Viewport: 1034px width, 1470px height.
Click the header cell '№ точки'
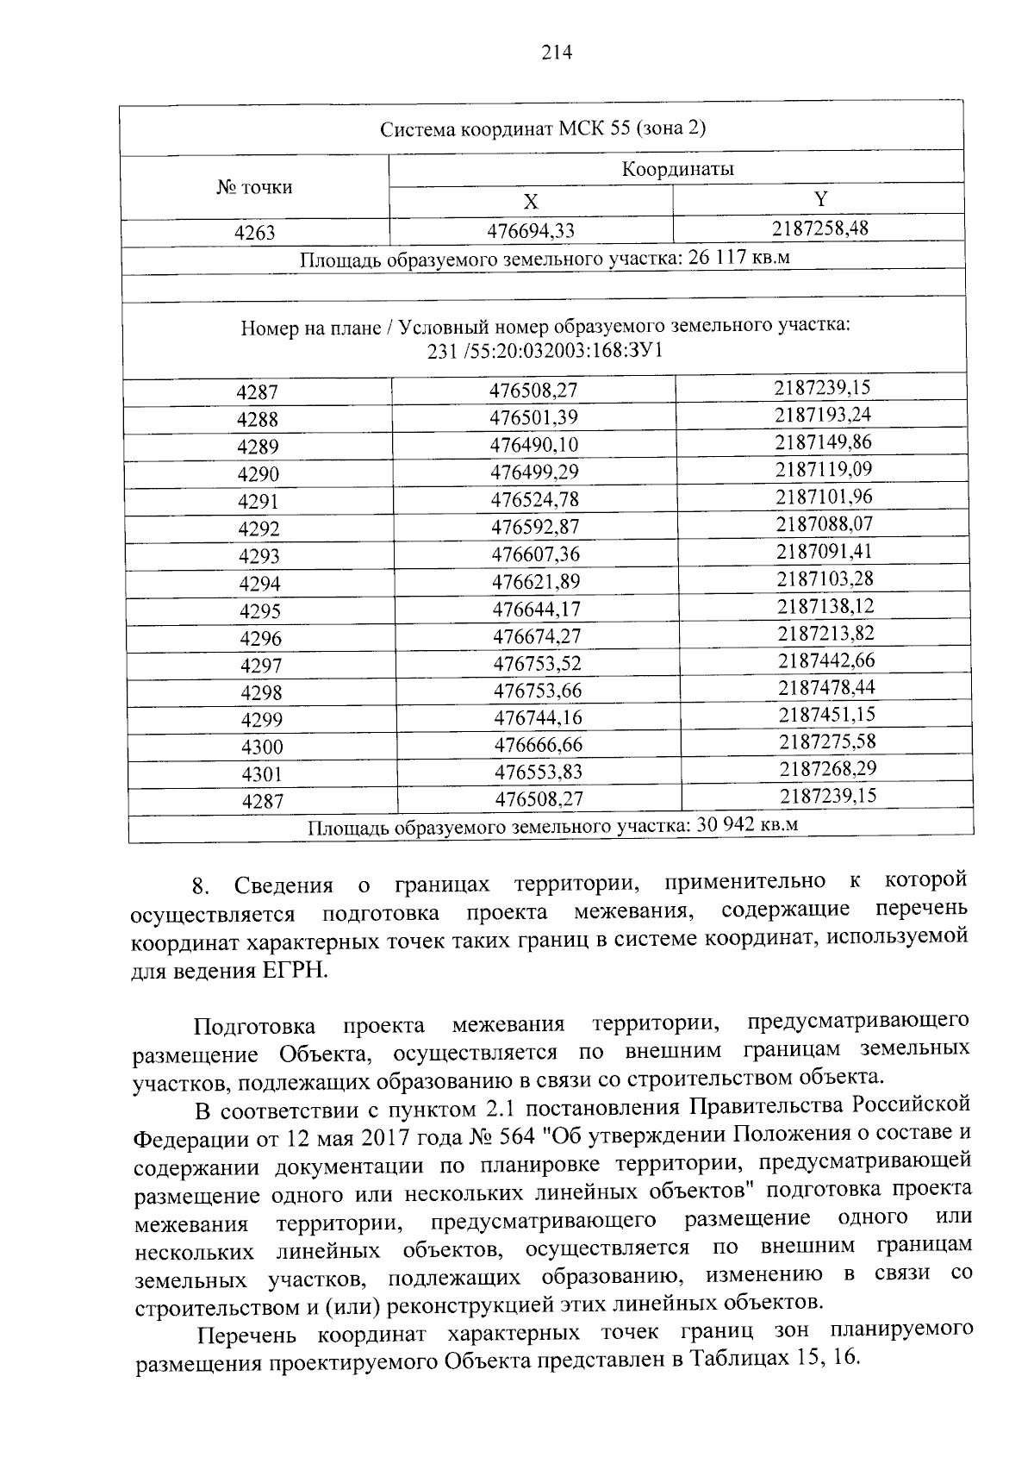click(x=254, y=187)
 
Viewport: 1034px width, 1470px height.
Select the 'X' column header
click(x=531, y=202)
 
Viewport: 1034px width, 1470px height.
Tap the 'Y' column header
click(x=820, y=199)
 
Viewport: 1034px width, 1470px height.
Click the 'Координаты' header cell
click(x=677, y=169)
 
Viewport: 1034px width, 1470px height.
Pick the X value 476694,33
click(x=531, y=230)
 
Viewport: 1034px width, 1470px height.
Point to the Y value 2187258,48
click(x=820, y=228)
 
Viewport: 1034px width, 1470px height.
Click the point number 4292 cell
click(x=259, y=529)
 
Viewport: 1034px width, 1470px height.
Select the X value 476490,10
click(x=533, y=445)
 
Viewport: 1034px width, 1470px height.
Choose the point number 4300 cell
click(x=262, y=747)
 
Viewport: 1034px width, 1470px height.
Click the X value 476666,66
click(x=538, y=744)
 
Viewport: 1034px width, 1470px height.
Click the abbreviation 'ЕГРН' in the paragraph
click(x=293, y=969)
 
